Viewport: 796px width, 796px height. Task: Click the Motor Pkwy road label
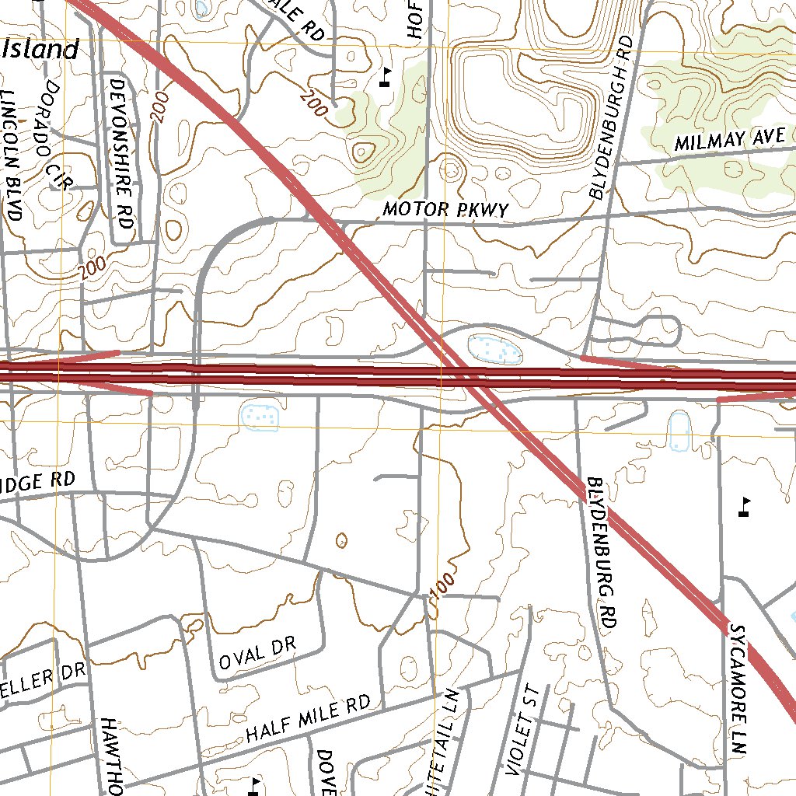445,210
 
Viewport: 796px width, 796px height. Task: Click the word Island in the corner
42,51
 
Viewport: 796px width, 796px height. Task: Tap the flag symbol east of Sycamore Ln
745,506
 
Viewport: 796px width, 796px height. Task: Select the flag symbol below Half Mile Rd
253,785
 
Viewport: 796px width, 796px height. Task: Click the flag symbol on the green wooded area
386,76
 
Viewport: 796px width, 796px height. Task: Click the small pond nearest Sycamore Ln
679,431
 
